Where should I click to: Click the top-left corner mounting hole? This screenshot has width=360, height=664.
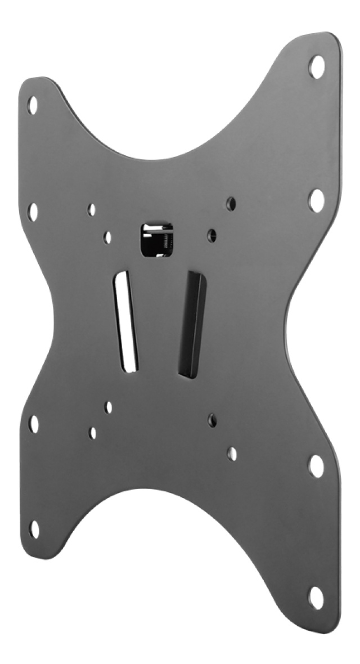coord(32,105)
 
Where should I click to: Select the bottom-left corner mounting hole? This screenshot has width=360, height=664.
coord(34,529)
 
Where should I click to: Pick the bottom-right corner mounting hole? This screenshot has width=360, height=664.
coord(316,598)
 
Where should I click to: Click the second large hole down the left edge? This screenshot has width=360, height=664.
coord(33,212)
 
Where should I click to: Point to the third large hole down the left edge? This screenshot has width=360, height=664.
coord(34,424)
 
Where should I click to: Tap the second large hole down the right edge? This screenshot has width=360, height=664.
coord(316,200)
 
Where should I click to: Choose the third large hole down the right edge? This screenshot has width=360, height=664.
coord(316,466)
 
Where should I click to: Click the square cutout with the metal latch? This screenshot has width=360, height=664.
coord(156,240)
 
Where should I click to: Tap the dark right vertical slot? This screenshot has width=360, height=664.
coord(192,324)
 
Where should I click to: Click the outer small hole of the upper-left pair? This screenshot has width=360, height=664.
coord(92,210)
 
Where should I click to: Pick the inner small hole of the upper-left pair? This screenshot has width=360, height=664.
coord(107,237)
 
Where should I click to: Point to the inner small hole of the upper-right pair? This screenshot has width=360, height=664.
coord(212,234)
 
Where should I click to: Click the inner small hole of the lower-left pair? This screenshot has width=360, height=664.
coord(109,407)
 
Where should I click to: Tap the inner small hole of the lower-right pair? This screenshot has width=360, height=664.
coord(212,419)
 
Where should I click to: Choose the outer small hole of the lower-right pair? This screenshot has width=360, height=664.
coord(232,454)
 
